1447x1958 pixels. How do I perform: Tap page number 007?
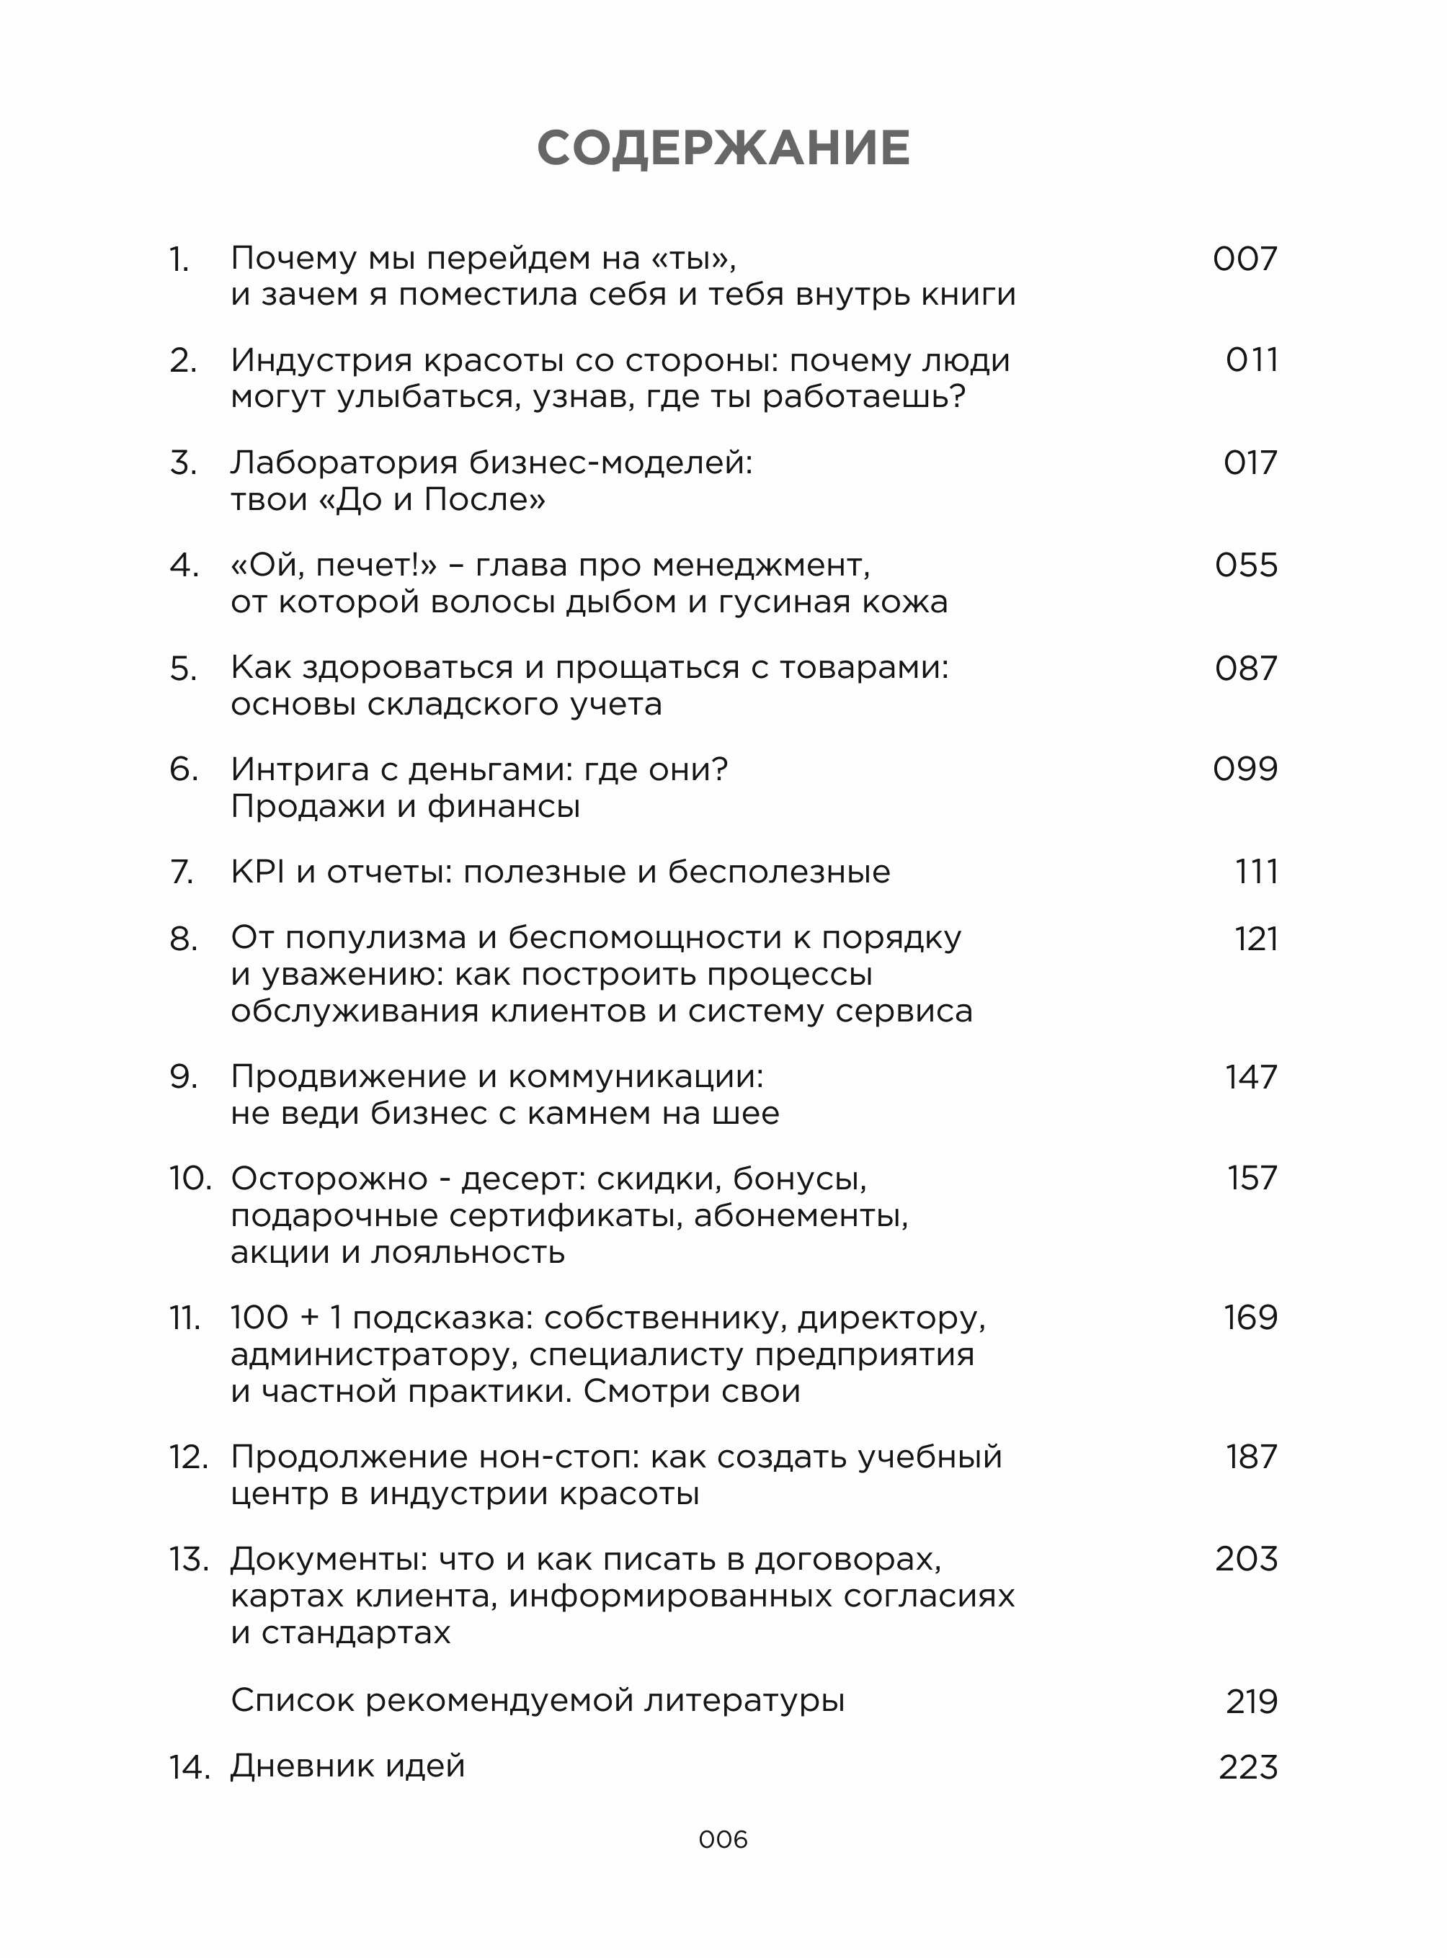(1245, 259)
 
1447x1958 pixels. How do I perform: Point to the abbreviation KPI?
(257, 872)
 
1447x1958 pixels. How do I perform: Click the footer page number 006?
(723, 1840)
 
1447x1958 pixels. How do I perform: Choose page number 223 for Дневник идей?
(1247, 1768)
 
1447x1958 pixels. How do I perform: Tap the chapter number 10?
(190, 1179)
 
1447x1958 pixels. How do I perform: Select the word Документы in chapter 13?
(328, 1560)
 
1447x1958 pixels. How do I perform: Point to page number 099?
(1245, 769)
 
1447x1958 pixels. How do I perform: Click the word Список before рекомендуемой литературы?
(292, 1701)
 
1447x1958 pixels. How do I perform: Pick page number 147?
(1251, 1077)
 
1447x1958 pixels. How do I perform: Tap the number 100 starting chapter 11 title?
(260, 1318)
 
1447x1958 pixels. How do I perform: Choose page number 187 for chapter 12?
(1251, 1457)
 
